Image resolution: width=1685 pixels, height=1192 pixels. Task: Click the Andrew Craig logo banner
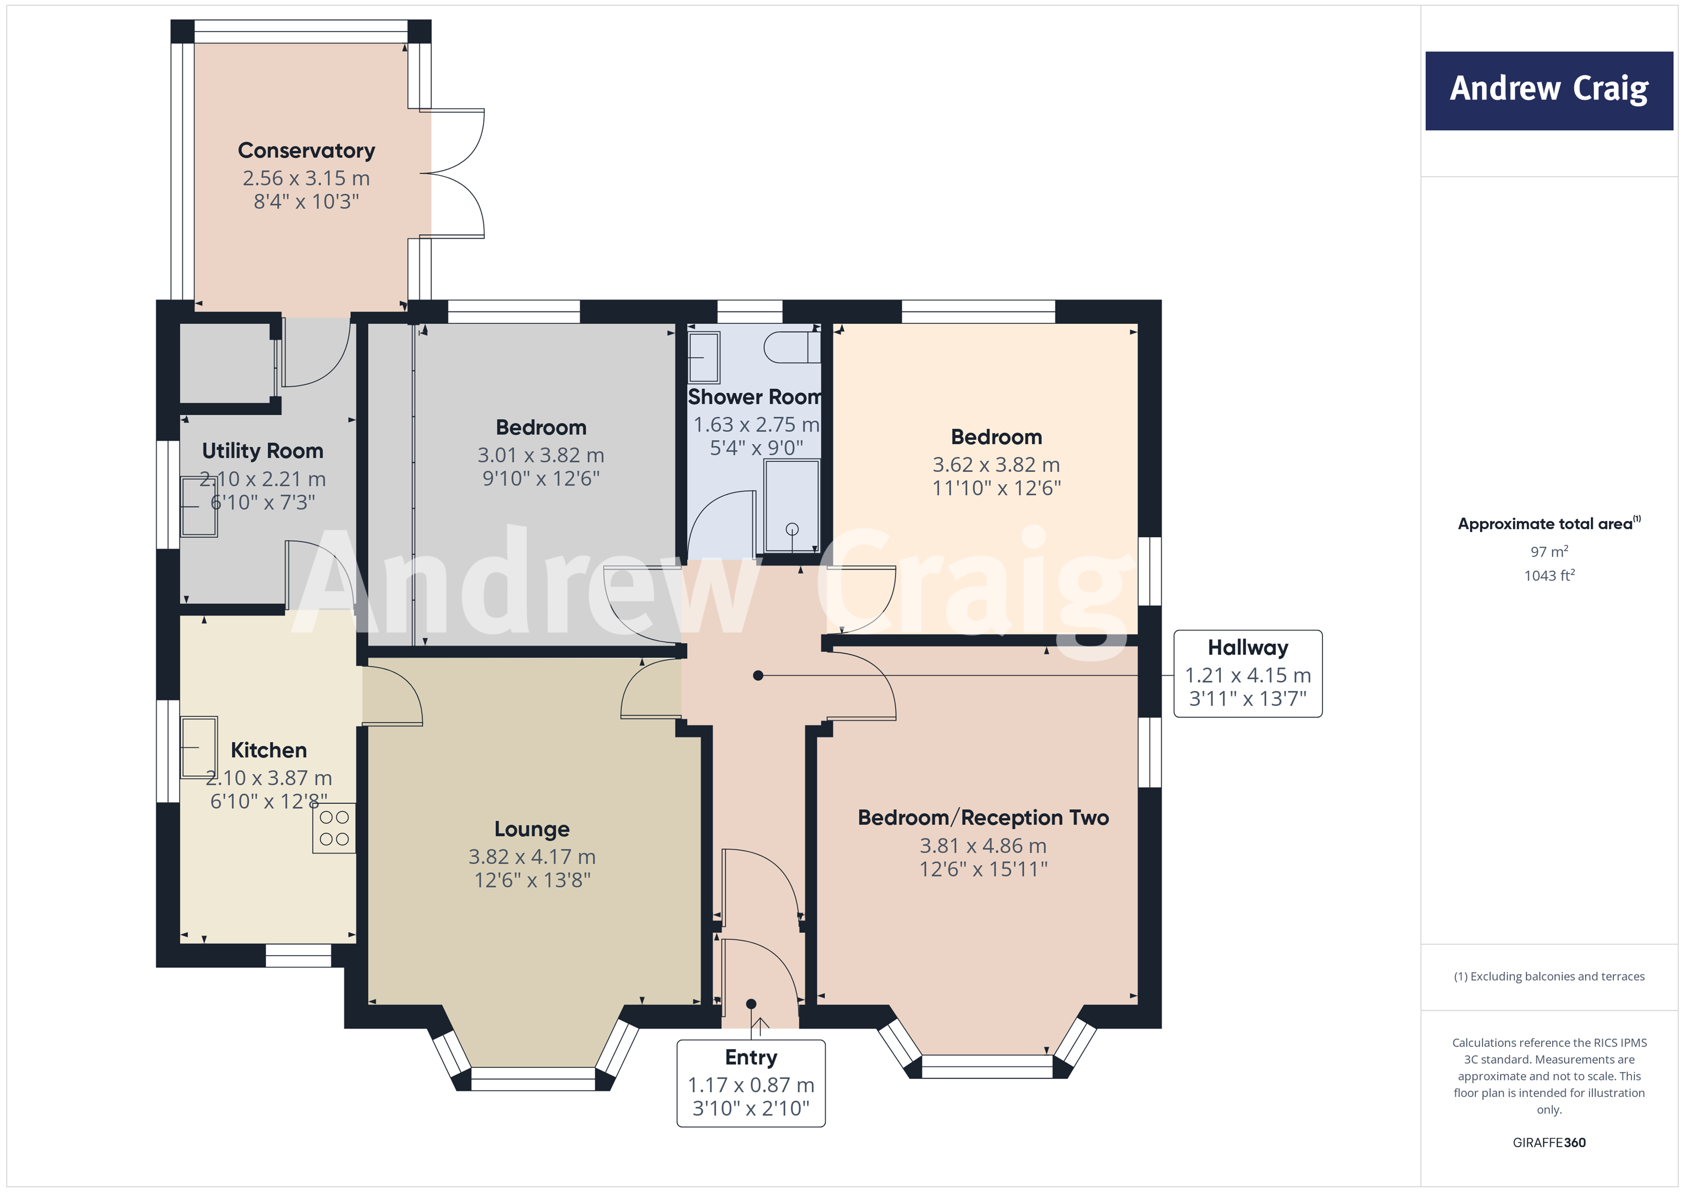click(x=1549, y=90)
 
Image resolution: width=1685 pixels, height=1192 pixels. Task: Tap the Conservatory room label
click(x=306, y=151)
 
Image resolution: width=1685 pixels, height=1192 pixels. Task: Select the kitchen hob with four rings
click(x=334, y=828)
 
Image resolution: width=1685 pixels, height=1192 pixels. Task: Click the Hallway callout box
click(x=1247, y=673)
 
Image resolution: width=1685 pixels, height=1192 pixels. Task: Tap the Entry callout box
click(x=751, y=1083)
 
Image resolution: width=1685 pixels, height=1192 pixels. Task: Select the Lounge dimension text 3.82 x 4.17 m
click(x=532, y=856)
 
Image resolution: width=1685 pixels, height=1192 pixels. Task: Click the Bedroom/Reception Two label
click(x=983, y=818)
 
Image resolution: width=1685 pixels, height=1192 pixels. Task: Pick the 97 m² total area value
click(x=1549, y=551)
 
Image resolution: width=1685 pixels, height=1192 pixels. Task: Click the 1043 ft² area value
click(x=1549, y=576)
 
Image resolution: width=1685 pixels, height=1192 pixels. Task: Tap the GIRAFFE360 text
click(x=1549, y=1142)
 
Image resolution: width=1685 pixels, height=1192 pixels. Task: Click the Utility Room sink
click(x=199, y=507)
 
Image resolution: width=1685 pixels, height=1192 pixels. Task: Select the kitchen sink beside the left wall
click(x=199, y=747)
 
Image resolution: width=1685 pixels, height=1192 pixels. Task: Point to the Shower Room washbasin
click(x=704, y=357)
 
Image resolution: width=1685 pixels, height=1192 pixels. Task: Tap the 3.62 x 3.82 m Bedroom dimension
click(x=996, y=465)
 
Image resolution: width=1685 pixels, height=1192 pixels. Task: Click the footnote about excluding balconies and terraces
click(x=1549, y=976)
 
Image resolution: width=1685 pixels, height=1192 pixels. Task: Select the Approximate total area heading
click(x=1547, y=523)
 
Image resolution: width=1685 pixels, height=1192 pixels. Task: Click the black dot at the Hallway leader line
click(x=758, y=675)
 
